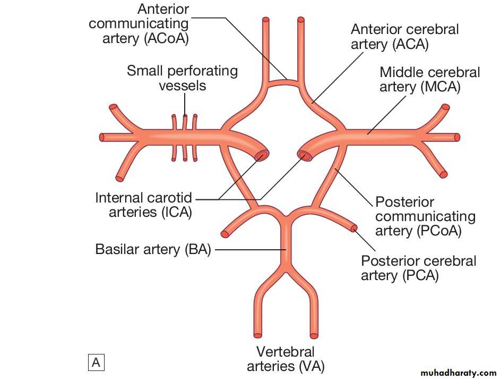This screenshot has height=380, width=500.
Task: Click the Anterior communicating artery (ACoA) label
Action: [x=139, y=24]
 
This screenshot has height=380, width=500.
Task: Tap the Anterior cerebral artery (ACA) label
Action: [x=404, y=37]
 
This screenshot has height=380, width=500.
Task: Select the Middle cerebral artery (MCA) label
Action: [x=429, y=79]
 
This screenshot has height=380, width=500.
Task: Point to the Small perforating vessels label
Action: [x=182, y=78]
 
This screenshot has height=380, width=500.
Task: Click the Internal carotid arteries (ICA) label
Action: [x=144, y=205]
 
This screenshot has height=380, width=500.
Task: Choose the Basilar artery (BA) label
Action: [x=153, y=249]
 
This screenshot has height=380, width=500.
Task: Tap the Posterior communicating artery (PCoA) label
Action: [x=425, y=216]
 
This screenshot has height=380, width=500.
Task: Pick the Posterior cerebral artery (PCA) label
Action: [x=418, y=268]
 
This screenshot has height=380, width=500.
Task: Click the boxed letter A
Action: [x=96, y=363]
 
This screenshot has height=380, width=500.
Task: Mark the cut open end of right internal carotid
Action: [x=305, y=156]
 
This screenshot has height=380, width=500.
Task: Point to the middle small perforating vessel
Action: [x=185, y=137]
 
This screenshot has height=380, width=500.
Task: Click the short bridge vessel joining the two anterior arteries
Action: [x=286, y=82]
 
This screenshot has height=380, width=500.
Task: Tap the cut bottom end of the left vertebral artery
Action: [x=258, y=335]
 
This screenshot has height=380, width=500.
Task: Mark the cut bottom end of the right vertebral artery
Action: [x=314, y=335]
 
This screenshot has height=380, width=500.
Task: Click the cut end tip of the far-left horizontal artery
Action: [x=102, y=137]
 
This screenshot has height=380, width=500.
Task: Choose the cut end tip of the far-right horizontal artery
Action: [x=457, y=138]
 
